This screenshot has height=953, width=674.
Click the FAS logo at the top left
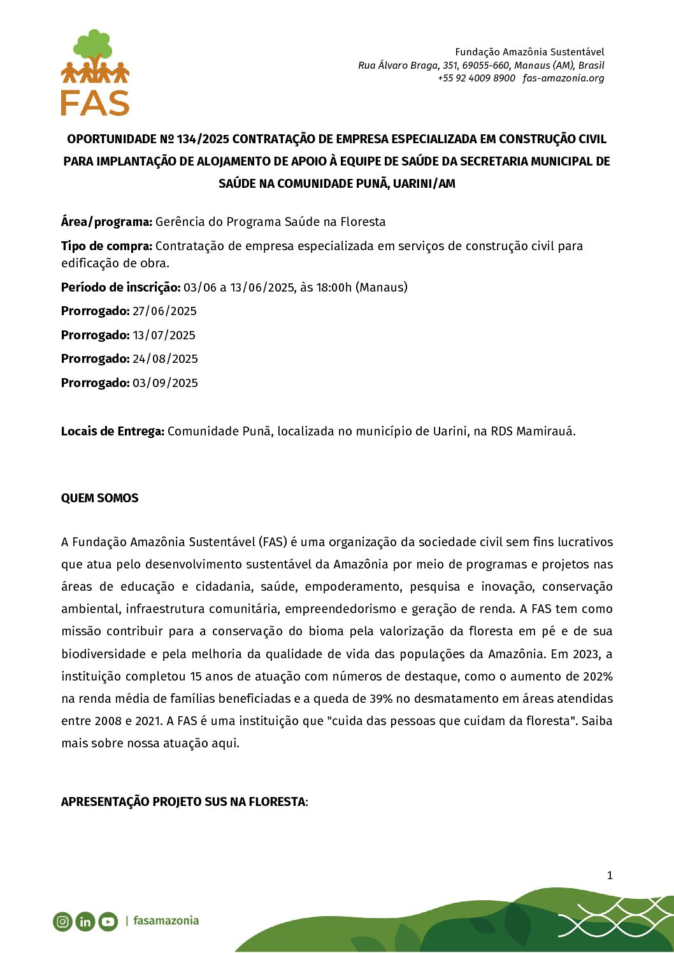[x=95, y=73]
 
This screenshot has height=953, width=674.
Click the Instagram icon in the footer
[x=62, y=921]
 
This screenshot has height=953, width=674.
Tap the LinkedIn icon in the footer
[x=85, y=921]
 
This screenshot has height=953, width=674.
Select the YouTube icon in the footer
[x=108, y=921]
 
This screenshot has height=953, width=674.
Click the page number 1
[x=610, y=875]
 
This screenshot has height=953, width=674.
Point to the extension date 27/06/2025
[x=164, y=311]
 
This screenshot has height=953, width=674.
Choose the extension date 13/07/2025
[x=164, y=335]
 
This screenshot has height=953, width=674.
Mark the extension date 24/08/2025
[x=165, y=359]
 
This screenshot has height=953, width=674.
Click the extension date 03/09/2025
[x=165, y=383]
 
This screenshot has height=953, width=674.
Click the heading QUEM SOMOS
[x=99, y=498]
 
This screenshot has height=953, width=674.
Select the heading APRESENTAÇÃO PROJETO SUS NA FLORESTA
[x=183, y=802]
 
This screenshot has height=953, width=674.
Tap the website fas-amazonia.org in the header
[x=563, y=78]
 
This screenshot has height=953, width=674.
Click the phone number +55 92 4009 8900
[x=476, y=78]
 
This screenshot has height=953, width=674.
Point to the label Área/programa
[x=106, y=222]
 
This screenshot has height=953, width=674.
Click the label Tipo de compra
[x=106, y=246]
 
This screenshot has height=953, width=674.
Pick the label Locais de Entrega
[x=112, y=432]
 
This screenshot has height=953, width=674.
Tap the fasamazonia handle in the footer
[x=166, y=921]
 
